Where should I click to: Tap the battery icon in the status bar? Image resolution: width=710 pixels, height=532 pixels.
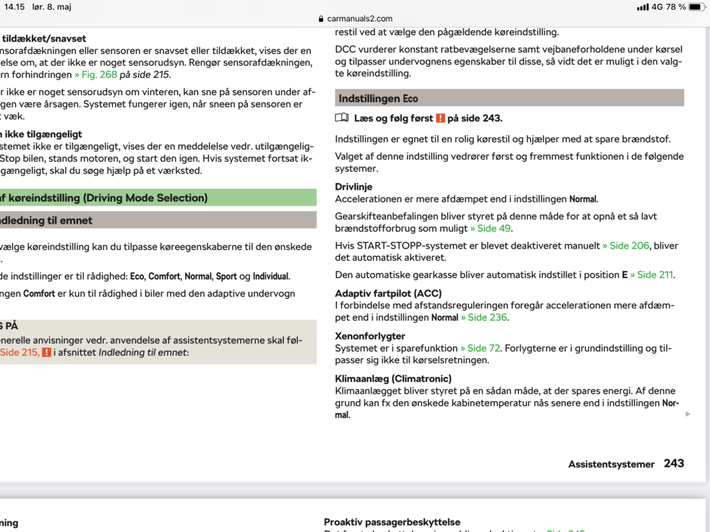click(x=695, y=7)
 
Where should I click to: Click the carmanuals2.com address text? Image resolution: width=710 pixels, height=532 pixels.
click(x=360, y=19)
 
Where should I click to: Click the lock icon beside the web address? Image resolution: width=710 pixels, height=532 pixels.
click(x=321, y=19)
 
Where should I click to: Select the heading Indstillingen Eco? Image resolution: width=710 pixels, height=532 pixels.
click(x=378, y=98)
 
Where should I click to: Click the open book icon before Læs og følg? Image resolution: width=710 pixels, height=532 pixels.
click(x=341, y=118)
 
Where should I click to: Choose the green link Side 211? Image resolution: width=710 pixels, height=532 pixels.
click(x=652, y=275)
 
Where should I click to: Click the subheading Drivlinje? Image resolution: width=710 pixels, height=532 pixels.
click(x=353, y=187)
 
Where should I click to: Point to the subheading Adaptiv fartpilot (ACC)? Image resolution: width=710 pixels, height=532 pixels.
click(x=388, y=293)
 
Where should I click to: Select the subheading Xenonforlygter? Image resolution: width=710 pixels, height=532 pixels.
click(x=370, y=336)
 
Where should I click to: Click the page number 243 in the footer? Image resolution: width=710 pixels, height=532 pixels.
click(x=673, y=464)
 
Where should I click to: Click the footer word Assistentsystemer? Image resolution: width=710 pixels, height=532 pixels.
click(x=611, y=464)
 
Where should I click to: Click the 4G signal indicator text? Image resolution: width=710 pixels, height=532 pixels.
click(x=657, y=7)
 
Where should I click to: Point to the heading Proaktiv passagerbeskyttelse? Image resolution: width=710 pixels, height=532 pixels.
click(x=392, y=522)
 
